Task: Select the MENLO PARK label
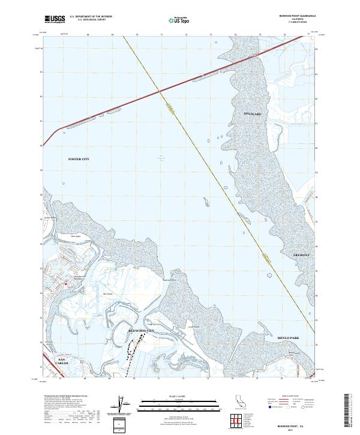[287, 338]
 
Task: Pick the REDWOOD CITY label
[142, 331]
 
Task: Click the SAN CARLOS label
[63, 361]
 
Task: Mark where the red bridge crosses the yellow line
[160, 91]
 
